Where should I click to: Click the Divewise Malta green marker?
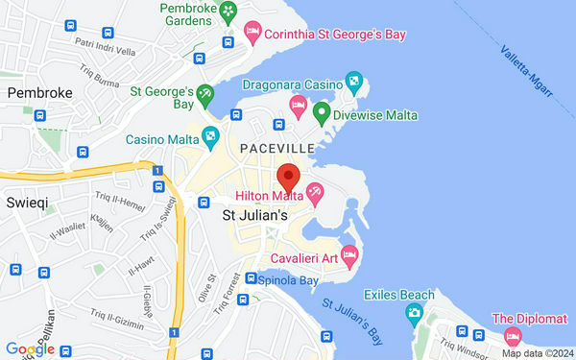[x=323, y=113]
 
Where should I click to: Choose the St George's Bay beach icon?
[x=205, y=94]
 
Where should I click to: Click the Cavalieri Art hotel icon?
[x=349, y=256]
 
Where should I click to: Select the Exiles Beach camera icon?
[x=414, y=312]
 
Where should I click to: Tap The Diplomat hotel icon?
[x=512, y=336]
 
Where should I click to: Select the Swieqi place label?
[x=25, y=204]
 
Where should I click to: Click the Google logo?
[x=30, y=349]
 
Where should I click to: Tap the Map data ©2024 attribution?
[x=540, y=353]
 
